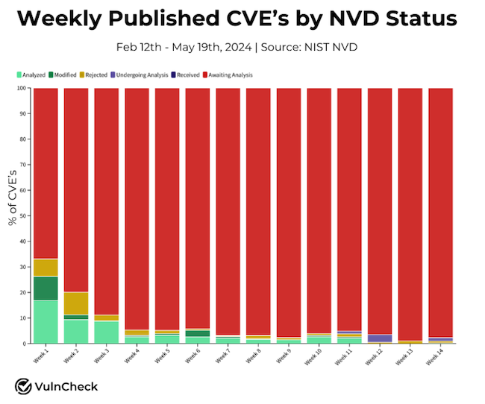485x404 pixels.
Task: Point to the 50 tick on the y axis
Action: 25,215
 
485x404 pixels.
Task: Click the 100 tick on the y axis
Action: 23,88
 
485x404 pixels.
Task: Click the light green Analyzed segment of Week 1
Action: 46,321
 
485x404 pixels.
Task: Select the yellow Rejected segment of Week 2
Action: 76,303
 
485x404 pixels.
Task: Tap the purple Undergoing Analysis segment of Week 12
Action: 379,338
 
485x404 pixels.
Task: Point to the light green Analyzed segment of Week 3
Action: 106,332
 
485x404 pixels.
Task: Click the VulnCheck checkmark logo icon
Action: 23,386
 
